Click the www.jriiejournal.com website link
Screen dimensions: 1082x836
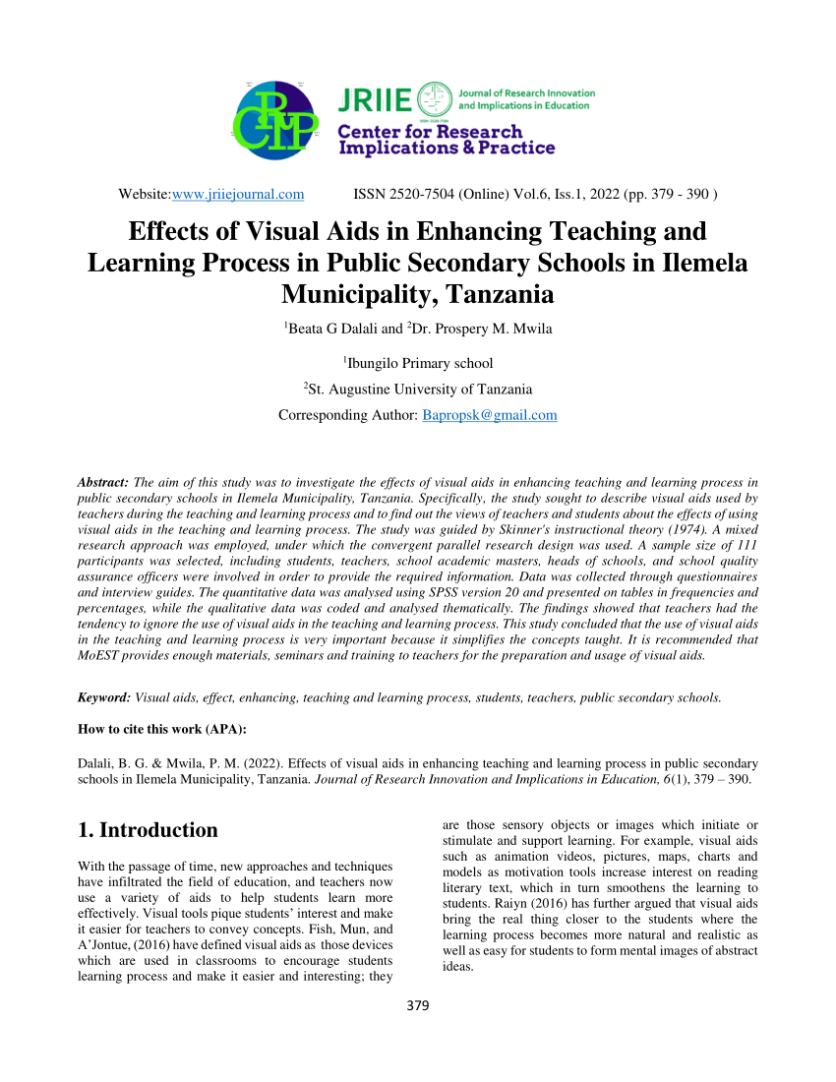[238, 194]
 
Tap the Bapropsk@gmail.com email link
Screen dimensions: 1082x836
[490, 415]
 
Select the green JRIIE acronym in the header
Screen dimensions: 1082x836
[374, 99]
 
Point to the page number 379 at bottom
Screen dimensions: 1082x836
[418, 1006]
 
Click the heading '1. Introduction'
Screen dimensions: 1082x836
[148, 830]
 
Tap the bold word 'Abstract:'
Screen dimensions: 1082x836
[103, 482]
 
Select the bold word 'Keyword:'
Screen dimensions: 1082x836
[104, 697]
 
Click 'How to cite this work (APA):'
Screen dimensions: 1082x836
[161, 729]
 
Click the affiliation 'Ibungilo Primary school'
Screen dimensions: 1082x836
[420, 363]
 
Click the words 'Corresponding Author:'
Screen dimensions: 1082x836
[348, 415]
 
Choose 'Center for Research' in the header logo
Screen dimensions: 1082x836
[431, 132]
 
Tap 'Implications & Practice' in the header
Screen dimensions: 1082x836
[447, 149]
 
